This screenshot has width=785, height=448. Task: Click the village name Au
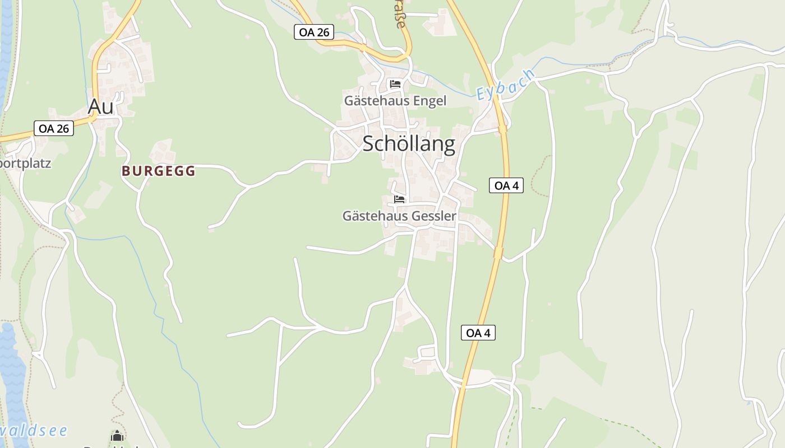click(101, 106)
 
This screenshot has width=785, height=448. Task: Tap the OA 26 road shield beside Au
click(54, 128)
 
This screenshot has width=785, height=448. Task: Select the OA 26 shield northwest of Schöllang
click(314, 32)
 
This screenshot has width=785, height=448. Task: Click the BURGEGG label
click(159, 171)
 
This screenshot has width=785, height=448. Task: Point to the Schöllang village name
click(409, 144)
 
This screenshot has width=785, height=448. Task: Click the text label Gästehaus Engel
click(395, 101)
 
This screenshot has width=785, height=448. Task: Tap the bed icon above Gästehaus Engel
click(395, 84)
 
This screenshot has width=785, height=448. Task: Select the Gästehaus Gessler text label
click(399, 216)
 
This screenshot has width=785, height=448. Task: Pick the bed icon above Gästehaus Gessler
click(399, 199)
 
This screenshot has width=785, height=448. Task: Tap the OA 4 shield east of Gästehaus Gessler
click(506, 185)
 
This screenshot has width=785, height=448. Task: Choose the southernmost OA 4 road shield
click(478, 333)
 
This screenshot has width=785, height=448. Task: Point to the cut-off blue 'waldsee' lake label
click(34, 431)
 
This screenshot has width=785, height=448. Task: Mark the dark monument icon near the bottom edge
click(117, 436)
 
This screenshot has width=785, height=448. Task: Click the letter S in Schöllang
click(370, 144)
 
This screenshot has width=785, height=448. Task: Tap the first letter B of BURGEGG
click(126, 171)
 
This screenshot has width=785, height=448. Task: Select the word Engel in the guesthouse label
click(430, 101)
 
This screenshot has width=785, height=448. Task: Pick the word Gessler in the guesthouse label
click(433, 216)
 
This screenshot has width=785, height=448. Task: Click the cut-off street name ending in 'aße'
click(399, 17)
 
